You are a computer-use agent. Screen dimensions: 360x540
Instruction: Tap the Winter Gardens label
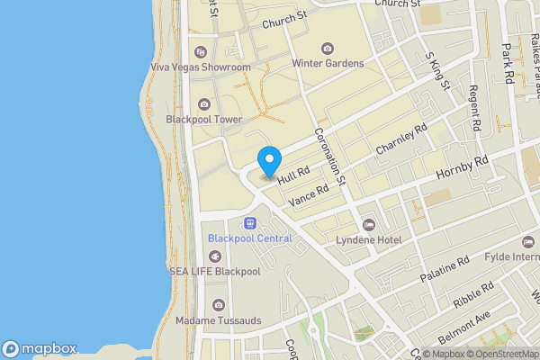click(x=327, y=63)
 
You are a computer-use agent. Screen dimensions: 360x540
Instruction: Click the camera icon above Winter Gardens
click(x=327, y=48)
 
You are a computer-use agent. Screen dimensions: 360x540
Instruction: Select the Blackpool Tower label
click(x=203, y=119)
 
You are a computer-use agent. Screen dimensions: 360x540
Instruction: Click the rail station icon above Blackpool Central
click(x=249, y=222)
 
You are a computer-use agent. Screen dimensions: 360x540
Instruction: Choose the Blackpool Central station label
click(x=249, y=238)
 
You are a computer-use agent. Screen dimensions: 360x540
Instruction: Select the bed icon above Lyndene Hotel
click(x=367, y=224)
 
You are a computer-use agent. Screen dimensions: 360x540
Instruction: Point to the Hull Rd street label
click(x=293, y=175)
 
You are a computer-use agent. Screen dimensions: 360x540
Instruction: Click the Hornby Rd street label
click(x=461, y=166)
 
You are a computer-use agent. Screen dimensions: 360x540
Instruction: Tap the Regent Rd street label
click(x=475, y=106)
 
